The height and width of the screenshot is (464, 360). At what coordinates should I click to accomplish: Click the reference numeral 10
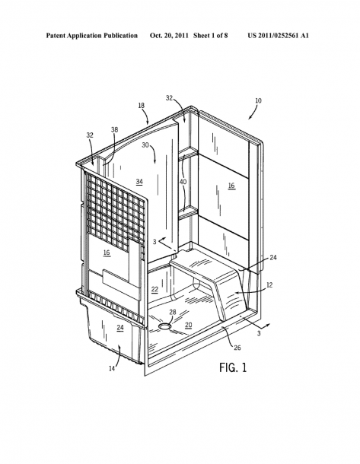[x=258, y=100]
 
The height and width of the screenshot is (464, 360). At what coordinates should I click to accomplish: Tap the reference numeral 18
[x=142, y=105]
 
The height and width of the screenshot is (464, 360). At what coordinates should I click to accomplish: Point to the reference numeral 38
[x=115, y=129]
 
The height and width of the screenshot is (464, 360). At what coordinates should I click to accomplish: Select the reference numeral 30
[x=145, y=145]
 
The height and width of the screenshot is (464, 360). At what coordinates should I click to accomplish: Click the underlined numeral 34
[x=139, y=182]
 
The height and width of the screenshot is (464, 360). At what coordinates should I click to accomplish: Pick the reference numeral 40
[x=183, y=182]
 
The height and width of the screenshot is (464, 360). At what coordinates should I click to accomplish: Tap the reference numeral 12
[x=269, y=285]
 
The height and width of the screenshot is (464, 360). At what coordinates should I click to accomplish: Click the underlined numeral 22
[x=155, y=289]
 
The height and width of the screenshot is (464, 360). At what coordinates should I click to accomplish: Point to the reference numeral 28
[x=173, y=312]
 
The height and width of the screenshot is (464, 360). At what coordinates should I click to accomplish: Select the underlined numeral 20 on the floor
[x=189, y=325]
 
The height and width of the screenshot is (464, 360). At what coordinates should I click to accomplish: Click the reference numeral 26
[x=237, y=348]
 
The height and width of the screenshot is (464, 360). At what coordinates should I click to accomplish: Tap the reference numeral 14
[x=112, y=368]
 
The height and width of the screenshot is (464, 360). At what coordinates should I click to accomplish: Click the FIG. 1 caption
[x=233, y=367]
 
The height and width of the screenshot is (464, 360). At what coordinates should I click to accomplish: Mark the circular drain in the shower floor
[x=164, y=326]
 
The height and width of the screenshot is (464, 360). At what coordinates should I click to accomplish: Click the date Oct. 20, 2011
[x=169, y=36]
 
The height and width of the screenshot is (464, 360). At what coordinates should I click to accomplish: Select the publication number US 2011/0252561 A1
[x=279, y=36]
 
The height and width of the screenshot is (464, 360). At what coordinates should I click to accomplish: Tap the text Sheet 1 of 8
[x=211, y=36]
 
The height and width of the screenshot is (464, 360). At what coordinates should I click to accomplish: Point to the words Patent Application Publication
[x=92, y=36]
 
